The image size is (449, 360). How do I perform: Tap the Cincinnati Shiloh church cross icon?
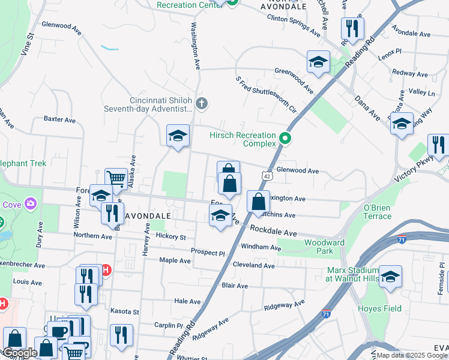(202, 104)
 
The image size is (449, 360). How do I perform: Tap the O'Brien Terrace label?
(377, 212)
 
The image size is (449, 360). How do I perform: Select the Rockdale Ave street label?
(273, 231)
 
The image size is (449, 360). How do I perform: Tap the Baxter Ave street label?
(59, 120)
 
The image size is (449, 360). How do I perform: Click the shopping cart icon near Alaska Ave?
(116, 178)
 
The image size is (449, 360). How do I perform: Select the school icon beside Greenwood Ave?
(318, 61)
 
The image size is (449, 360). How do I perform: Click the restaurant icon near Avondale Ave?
(352, 28)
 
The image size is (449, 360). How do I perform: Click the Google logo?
(19, 353)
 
